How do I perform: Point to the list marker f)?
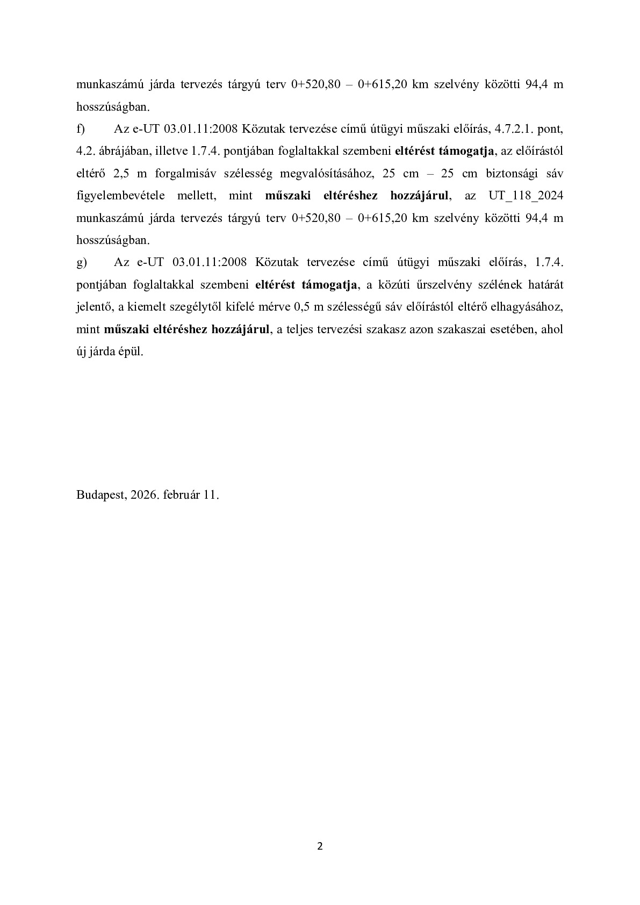coord(82,130)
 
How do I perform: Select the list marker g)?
coord(82,262)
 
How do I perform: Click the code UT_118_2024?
coord(526,196)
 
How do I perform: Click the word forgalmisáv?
coord(186,174)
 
